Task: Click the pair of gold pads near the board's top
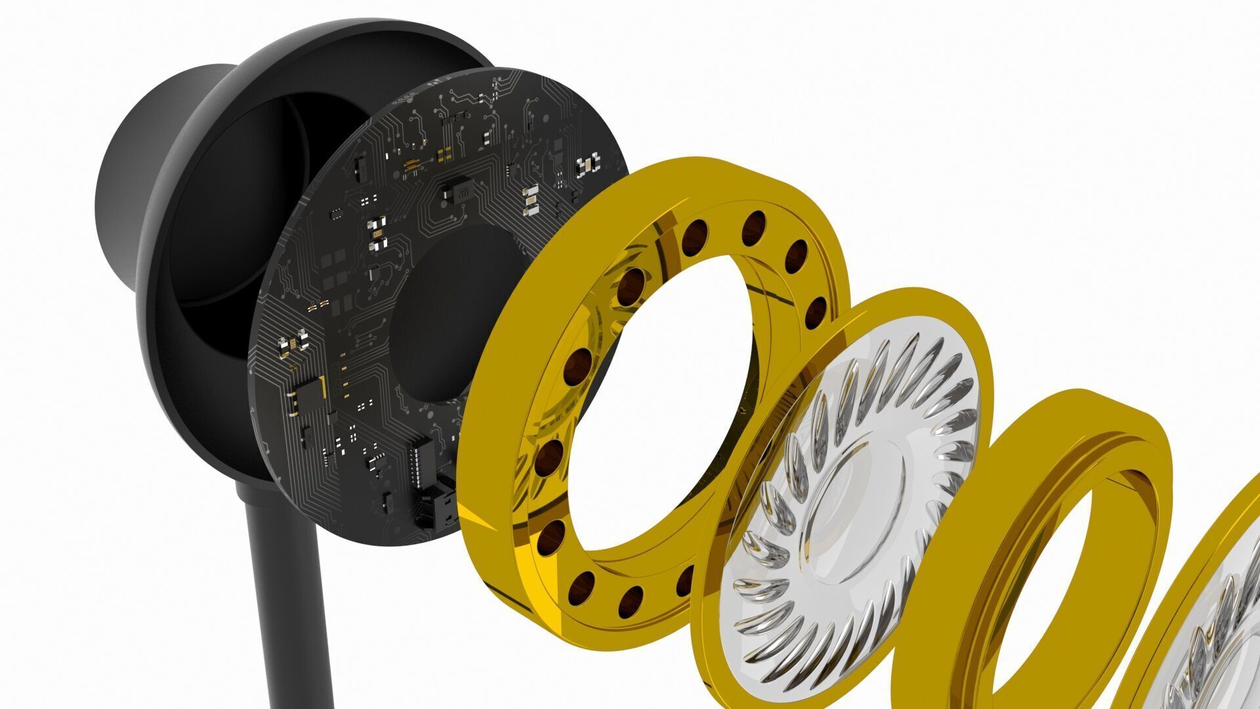click(x=445, y=154)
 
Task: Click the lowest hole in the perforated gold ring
click(x=631, y=601)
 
